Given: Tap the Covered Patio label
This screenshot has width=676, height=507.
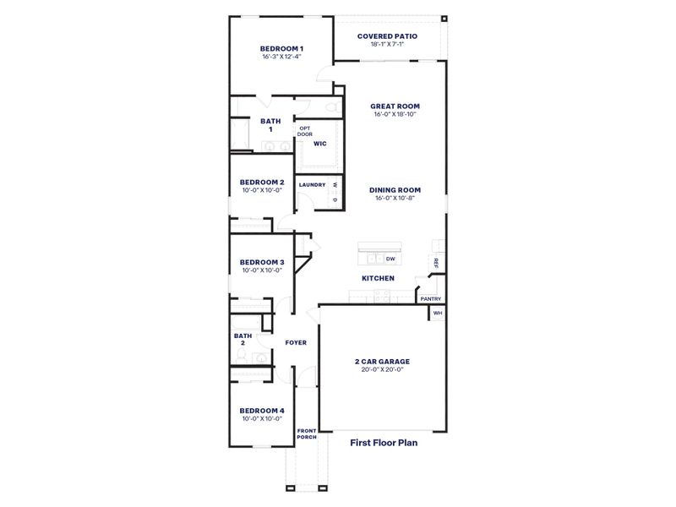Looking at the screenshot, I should point(387,36).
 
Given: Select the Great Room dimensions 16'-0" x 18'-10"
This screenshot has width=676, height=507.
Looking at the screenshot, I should point(395,114).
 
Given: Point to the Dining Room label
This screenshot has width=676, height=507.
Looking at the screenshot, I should point(395,190).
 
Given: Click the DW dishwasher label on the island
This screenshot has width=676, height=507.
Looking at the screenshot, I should point(390,259).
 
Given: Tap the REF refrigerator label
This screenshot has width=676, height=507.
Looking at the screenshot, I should point(436,263).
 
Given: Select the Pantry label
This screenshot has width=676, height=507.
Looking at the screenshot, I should point(430,298).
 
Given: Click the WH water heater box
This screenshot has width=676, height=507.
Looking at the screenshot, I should point(437,313).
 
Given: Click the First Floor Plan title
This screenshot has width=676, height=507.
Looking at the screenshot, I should point(384,441).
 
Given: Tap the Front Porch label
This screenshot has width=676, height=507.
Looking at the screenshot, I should point(306,434).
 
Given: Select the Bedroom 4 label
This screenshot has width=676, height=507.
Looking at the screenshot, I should point(261,410).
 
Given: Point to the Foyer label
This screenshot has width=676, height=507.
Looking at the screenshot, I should point(295,342).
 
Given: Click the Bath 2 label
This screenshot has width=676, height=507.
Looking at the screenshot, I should point(242,339).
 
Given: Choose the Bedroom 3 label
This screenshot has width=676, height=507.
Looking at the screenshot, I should point(261,262).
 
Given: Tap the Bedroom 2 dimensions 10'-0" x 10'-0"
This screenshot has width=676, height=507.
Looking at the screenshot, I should point(261,190).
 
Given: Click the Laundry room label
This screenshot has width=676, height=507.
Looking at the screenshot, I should point(312,185).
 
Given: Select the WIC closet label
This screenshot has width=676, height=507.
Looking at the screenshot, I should point(319,144).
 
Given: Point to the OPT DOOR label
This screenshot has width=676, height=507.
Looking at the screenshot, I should point(304,131).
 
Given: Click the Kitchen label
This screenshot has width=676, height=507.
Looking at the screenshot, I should point(378,278).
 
